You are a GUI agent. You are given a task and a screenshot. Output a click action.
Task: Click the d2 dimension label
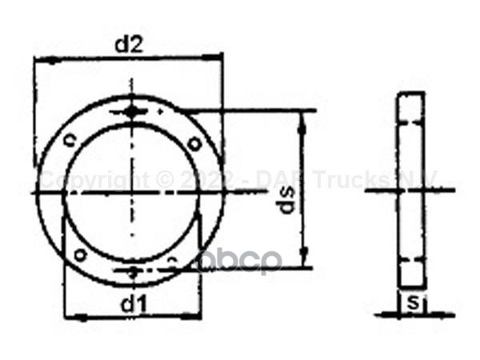(128, 46)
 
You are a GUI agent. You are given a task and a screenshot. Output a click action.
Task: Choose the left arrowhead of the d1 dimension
(70, 317)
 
